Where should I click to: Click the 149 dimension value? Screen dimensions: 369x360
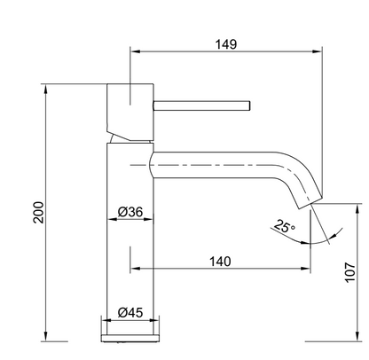(226, 44)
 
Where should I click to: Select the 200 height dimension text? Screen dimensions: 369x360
(39, 212)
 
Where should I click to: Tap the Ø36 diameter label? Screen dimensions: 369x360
(130, 212)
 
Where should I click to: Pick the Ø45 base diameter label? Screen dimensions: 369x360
(130, 312)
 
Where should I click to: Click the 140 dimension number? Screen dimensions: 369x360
(220, 262)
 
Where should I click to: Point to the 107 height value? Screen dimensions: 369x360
(350, 272)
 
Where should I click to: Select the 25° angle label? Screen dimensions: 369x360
(285, 226)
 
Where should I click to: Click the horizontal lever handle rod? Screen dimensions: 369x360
(202, 106)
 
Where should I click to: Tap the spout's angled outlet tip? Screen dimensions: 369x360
(310, 202)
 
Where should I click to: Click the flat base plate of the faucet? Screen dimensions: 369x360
(130, 338)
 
